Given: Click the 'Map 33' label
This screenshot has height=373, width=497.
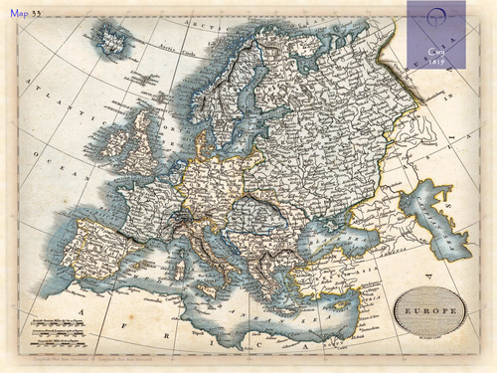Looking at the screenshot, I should tap(27, 14).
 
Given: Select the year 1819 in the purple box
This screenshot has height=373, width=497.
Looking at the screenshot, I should tap(435, 61).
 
